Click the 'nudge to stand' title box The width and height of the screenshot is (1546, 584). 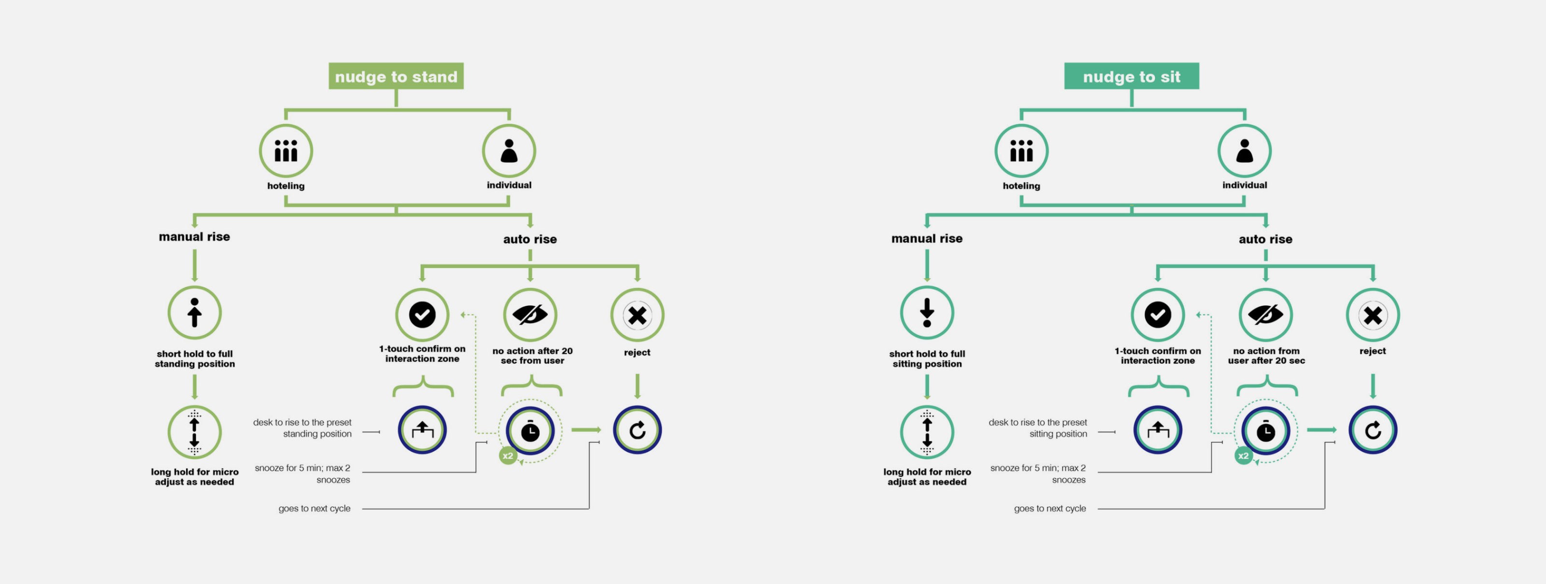[396, 76]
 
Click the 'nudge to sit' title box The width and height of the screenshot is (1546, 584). [1131, 76]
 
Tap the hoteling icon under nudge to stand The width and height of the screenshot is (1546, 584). [286, 151]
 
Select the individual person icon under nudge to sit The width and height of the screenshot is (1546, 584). [1244, 151]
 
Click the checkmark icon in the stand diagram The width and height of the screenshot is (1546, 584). [422, 314]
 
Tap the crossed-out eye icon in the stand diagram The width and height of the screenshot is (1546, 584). [530, 314]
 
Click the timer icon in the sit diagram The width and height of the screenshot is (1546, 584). [1266, 430]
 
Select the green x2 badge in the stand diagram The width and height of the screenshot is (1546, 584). [508, 456]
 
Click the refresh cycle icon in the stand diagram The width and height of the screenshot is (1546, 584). [637, 430]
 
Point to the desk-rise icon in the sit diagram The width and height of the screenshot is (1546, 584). [1158, 430]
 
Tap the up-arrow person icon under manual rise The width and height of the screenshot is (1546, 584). [194, 313]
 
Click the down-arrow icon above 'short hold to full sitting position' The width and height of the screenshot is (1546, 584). [927, 313]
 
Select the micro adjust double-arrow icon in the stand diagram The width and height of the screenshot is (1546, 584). [194, 432]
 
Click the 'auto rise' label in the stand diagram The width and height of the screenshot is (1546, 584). [530, 239]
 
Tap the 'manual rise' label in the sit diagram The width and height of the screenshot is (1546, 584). [927, 238]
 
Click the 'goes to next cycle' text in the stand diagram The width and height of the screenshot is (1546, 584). [315, 508]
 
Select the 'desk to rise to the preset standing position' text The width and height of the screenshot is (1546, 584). [302, 428]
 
